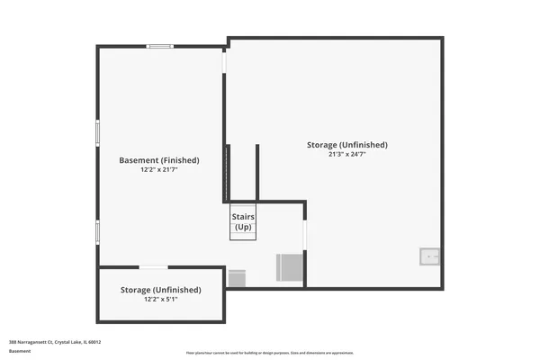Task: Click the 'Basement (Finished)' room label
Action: click(x=159, y=160)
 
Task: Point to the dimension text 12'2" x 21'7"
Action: click(x=159, y=170)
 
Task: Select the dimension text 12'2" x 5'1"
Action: click(x=161, y=300)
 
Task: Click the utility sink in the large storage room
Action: click(x=430, y=256)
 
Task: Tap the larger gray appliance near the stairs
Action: click(x=288, y=267)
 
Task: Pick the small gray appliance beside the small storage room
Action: click(x=238, y=277)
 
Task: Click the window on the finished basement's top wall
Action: click(x=161, y=46)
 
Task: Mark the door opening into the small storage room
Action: click(x=153, y=267)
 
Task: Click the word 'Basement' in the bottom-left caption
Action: click(x=20, y=351)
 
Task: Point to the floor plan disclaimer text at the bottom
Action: click(x=270, y=353)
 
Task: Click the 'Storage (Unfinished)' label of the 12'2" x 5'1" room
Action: click(x=161, y=290)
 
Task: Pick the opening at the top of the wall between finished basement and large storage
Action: click(x=226, y=62)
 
